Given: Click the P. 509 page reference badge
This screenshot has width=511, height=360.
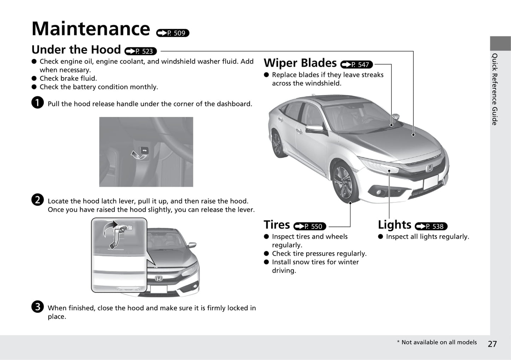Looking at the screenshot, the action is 173,33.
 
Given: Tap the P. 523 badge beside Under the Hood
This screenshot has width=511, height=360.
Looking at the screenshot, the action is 140,51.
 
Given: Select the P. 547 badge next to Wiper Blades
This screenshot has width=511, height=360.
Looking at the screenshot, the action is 356,65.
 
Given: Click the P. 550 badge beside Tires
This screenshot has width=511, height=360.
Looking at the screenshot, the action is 310,226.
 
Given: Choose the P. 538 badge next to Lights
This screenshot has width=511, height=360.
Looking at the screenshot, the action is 431,226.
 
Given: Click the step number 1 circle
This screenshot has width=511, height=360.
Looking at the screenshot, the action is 37,102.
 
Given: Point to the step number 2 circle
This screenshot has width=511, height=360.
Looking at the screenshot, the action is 37,200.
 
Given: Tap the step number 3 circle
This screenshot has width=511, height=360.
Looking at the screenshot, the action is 37,306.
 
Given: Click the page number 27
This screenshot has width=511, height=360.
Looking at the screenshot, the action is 492,344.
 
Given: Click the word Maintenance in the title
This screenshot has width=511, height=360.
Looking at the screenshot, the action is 91,29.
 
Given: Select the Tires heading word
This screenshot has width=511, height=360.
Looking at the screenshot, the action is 277,225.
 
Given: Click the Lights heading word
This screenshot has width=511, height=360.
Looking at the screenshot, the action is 395,225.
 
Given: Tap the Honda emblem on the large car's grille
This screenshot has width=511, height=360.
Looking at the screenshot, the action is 429,169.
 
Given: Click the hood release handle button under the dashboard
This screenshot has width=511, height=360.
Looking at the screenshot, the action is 145,151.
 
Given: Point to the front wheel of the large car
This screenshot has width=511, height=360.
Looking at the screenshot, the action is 344,182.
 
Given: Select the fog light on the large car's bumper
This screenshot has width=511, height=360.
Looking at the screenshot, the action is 379,192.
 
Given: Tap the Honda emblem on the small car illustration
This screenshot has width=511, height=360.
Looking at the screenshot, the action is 159,278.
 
